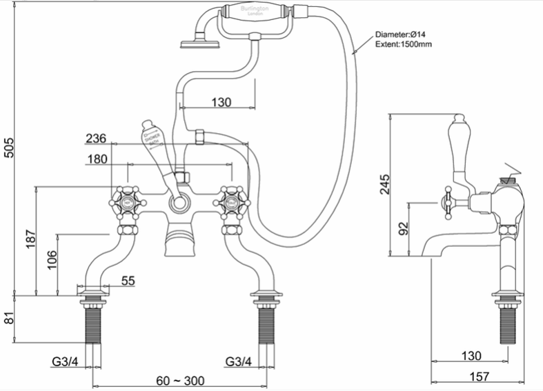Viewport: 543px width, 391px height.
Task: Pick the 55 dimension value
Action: coord(128,281)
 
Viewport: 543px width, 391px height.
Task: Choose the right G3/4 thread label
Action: coord(237,361)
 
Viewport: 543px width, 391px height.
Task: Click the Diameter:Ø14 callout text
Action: coord(403,34)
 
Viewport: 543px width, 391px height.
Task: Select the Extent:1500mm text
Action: coord(404,45)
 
